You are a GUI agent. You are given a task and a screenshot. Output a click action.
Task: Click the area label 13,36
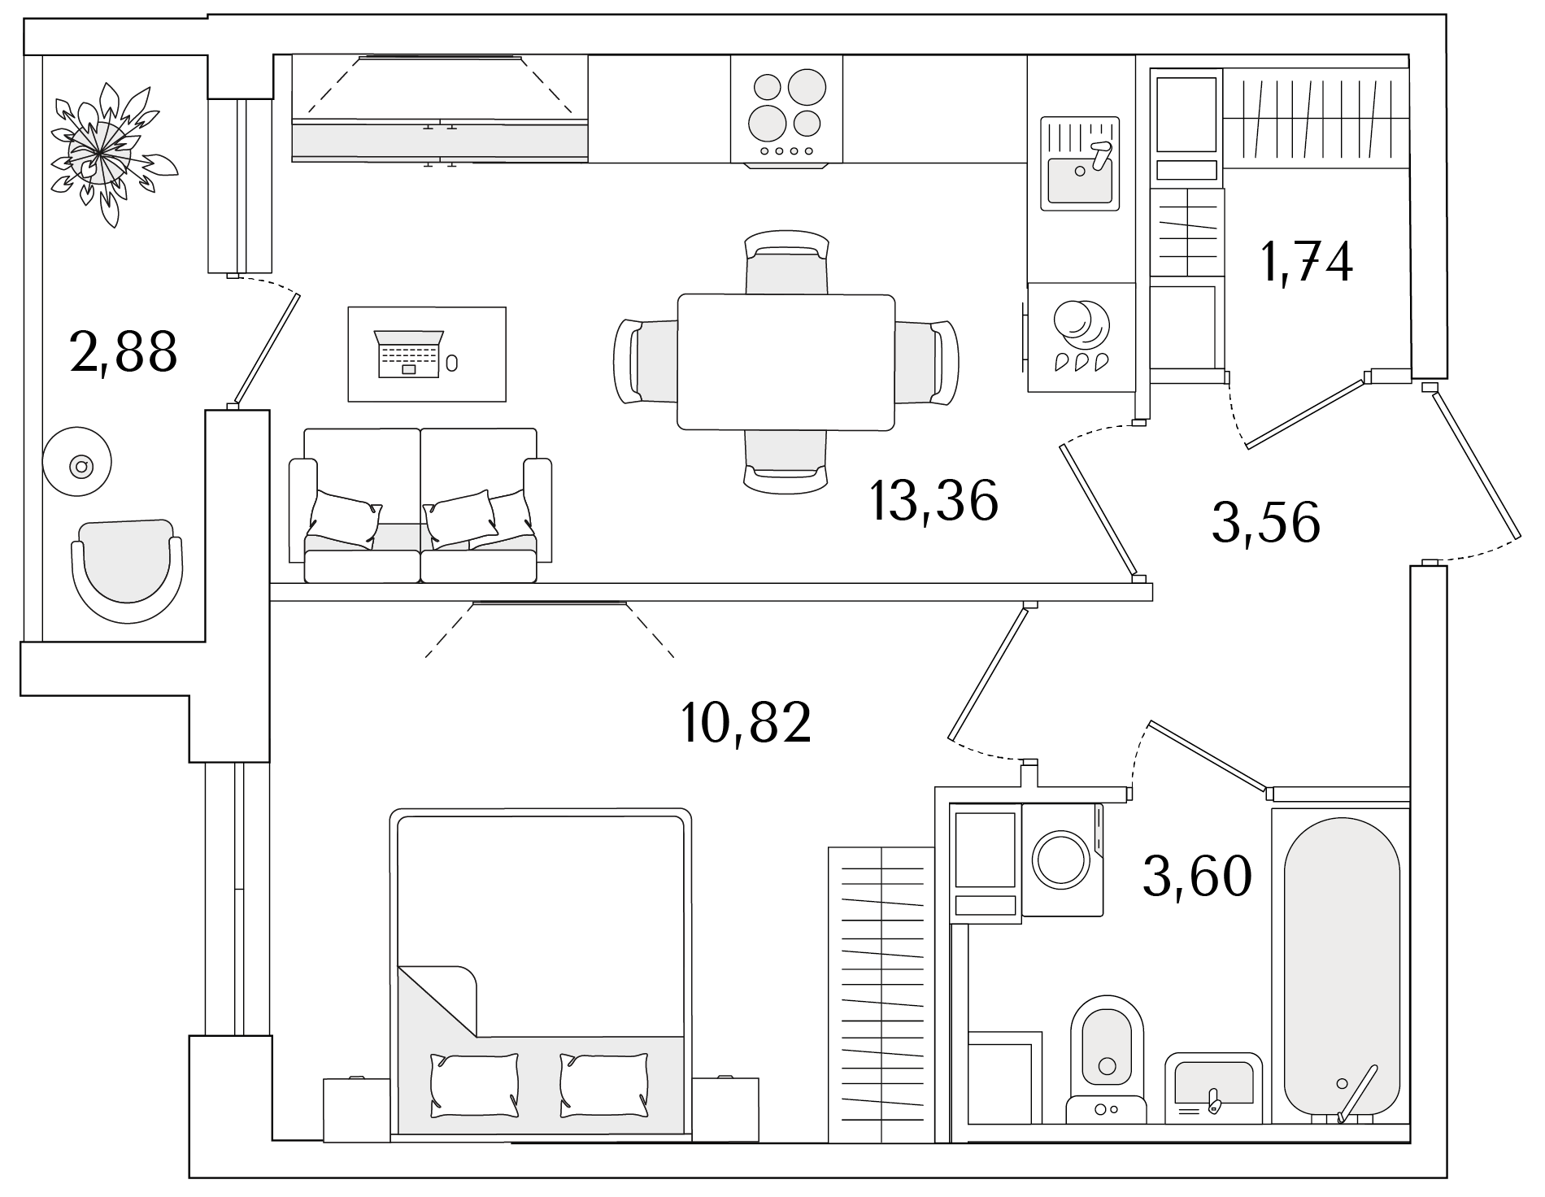tap(934, 501)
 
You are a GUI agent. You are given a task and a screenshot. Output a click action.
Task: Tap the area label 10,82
tap(746, 722)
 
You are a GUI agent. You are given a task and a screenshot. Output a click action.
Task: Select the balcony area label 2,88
tap(124, 351)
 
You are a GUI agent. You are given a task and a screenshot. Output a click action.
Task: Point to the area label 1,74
tap(1306, 262)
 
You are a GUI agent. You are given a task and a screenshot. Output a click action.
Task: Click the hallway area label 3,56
tap(1265, 522)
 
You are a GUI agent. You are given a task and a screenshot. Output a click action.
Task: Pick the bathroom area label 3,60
tap(1197, 877)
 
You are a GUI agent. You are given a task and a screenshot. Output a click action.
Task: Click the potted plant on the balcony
tap(109, 155)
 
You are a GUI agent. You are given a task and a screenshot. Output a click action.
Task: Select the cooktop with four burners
tap(786, 109)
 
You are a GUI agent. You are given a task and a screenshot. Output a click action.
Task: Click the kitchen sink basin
tap(1080, 180)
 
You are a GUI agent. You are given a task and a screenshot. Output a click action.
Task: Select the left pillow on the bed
tap(475, 1084)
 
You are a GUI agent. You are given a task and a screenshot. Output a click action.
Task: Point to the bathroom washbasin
tap(1213, 1089)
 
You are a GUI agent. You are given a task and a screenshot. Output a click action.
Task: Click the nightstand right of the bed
tap(725, 1110)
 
